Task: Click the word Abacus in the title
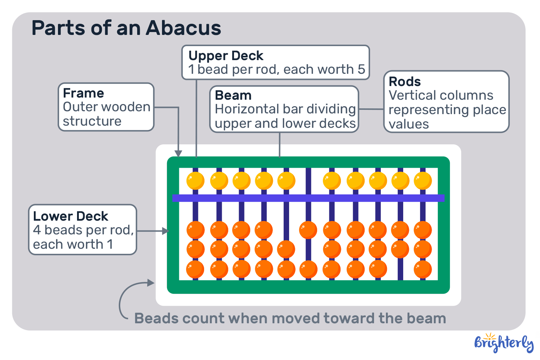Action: pos(183,28)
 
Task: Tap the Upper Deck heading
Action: pos(226,56)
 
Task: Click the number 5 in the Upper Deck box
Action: pos(361,69)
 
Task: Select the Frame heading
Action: pos(83,93)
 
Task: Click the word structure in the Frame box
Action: pos(92,121)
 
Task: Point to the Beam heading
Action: pos(233,95)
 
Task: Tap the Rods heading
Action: pos(405,82)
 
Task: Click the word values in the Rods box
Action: pos(409,124)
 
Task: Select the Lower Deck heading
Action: pos(71,216)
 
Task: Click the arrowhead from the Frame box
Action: pos(178,153)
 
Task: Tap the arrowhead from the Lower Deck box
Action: pos(166,231)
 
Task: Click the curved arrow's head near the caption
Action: pos(151,283)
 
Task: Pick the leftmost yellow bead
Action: pos(195,180)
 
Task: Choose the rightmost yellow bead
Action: pos(423,180)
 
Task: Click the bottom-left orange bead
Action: pos(195,270)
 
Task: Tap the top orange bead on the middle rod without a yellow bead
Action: pos(308,230)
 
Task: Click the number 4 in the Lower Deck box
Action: pos(37,230)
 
